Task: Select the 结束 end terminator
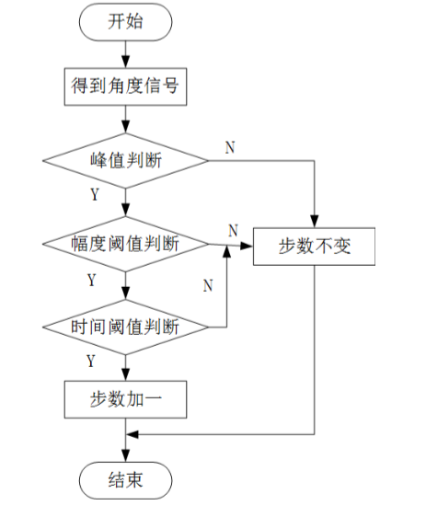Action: [x=125, y=479]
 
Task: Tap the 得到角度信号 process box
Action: [x=125, y=86]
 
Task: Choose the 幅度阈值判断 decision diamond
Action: [x=125, y=245]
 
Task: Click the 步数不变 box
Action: [x=315, y=246]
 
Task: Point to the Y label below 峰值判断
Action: [x=95, y=194]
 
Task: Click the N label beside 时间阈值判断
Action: [x=208, y=286]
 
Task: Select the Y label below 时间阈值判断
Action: [x=91, y=359]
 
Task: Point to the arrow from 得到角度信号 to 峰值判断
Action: [x=125, y=120]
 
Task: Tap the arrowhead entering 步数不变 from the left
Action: [x=248, y=246]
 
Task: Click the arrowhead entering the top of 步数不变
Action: [x=315, y=222]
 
